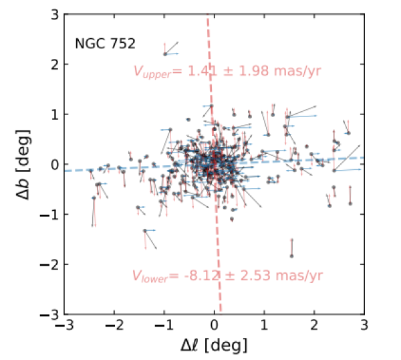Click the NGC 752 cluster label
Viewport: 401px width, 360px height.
tap(105, 46)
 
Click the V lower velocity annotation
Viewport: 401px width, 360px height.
tap(227, 276)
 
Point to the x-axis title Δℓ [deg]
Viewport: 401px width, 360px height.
tap(215, 345)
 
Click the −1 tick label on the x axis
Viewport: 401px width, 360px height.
tap(162, 327)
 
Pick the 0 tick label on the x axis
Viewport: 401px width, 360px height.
tap(215, 327)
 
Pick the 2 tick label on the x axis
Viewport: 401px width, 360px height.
tap(315, 327)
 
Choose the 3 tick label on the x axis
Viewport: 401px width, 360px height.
tap(364, 327)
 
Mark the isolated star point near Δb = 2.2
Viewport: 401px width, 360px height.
tap(164, 54)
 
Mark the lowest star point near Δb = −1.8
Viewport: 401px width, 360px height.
tap(291, 256)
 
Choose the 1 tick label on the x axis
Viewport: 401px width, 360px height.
tap(265, 327)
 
